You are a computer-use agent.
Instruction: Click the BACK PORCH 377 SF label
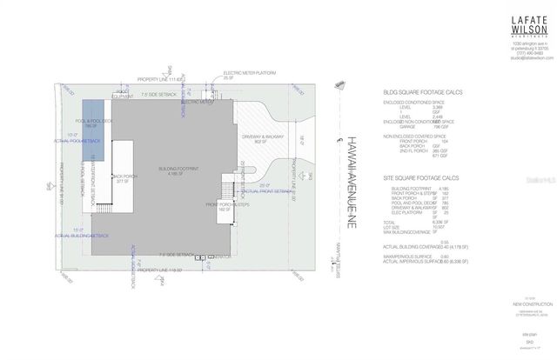pyautogui.click(x=122, y=181)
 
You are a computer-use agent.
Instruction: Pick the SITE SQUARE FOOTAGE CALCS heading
pyautogui.click(x=428, y=178)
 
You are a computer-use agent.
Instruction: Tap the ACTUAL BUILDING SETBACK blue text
pyautogui.click(x=84, y=236)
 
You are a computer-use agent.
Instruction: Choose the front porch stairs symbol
pyautogui.click(x=227, y=190)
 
